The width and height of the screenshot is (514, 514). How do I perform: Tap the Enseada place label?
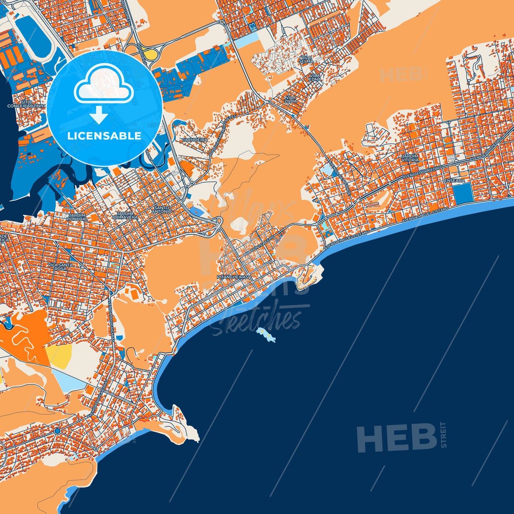(x=455, y=181)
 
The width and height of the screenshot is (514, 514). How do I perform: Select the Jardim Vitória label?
(x=410, y=158)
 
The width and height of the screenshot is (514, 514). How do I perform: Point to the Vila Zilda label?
(x=291, y=99)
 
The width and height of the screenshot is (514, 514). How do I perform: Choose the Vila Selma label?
(x=306, y=59)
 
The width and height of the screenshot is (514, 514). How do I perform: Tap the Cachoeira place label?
(x=195, y=140)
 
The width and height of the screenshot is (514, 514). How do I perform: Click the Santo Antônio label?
(x=163, y=210)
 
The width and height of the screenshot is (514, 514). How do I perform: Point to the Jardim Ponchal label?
(x=77, y=217)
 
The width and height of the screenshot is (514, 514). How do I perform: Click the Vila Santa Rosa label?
(x=60, y=267)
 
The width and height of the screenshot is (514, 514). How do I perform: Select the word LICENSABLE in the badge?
(x=104, y=136)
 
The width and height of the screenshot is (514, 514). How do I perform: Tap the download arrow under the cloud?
(x=99, y=115)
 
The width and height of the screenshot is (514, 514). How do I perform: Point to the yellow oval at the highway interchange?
(x=151, y=54)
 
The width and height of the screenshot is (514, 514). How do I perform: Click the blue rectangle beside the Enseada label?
(x=462, y=194)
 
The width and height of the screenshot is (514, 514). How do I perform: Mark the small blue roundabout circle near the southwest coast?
(x=57, y=431)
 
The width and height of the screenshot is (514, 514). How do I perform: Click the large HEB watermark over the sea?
(x=397, y=438)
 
